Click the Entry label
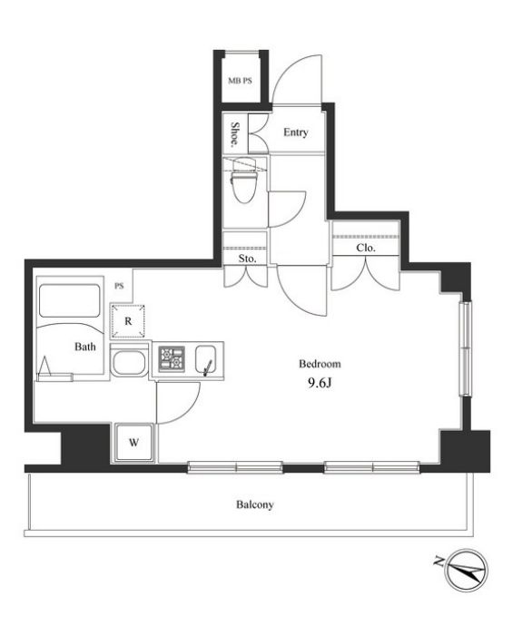point(295,132)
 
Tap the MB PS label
point(240,81)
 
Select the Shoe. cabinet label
point(234,134)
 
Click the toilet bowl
point(242,181)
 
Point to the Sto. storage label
point(247,259)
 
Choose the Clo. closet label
point(366,248)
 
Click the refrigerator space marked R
point(128,321)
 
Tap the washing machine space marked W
point(134,443)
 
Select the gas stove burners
point(172,359)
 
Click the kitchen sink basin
point(205,359)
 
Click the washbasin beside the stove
point(129,364)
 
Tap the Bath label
point(85,347)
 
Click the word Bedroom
point(320,364)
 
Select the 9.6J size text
point(320,383)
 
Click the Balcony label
point(255,504)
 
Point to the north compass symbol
point(467,570)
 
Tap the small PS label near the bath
point(119,286)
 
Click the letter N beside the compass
point(438,562)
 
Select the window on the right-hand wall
point(466,348)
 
